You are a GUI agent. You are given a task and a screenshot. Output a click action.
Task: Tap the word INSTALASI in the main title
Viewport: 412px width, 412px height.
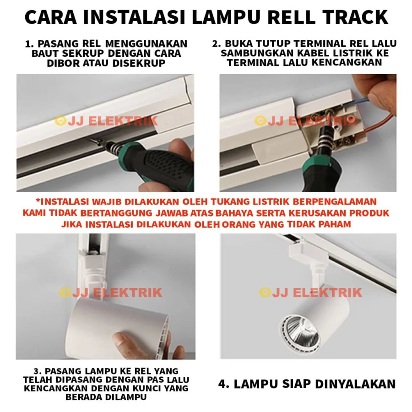[x=134, y=17]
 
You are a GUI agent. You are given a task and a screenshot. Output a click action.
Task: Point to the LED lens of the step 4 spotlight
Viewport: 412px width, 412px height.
[x=299, y=330]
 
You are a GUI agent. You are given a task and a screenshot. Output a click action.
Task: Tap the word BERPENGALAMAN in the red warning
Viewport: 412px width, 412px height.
[x=335, y=202]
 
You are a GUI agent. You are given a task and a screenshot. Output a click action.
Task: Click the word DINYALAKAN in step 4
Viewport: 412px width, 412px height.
[x=355, y=384]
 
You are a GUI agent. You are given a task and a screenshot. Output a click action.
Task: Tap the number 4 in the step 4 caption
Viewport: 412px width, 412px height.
[x=222, y=384]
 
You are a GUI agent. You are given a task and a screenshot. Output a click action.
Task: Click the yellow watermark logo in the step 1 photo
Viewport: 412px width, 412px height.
[x=60, y=121]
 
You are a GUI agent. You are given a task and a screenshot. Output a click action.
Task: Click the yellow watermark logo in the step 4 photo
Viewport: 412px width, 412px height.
[x=265, y=293]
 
